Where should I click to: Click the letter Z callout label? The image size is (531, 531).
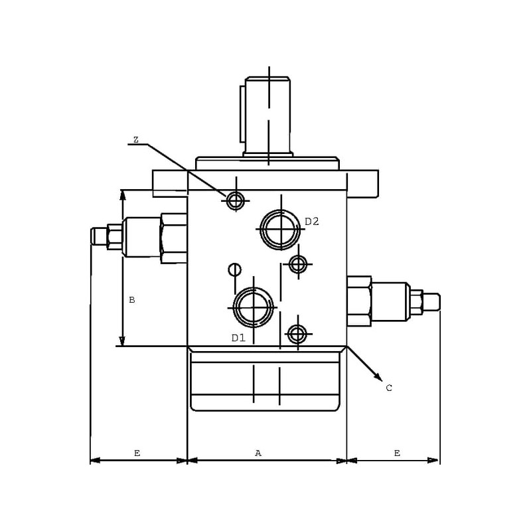(136, 139)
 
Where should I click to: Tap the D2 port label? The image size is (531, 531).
(312, 222)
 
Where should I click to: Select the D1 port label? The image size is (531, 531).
(238, 338)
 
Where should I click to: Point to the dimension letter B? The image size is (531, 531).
(132, 300)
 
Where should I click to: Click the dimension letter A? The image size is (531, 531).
(258, 453)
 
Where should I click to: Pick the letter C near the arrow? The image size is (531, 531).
(389, 388)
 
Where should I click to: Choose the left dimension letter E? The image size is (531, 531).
(137, 453)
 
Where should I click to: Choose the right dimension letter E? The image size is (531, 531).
(397, 453)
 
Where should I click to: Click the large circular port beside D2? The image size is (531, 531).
(260, 230)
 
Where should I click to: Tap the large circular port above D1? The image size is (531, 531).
(234, 307)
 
